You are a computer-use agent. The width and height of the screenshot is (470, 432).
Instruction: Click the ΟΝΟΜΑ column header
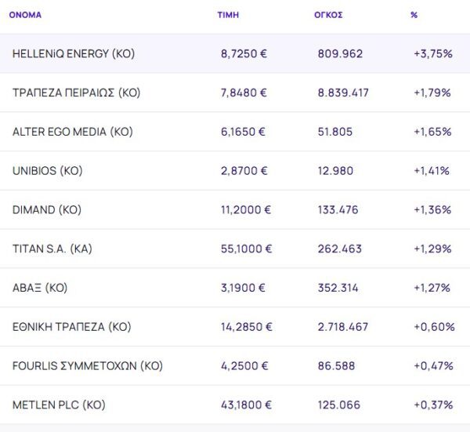[x=25, y=15]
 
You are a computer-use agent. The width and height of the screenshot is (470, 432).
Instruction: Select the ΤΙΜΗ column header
[x=228, y=15]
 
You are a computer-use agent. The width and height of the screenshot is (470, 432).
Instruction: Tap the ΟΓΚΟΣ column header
[x=328, y=15]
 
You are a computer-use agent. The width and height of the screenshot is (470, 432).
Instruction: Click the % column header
[x=414, y=15]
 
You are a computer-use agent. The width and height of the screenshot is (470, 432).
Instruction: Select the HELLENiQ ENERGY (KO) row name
[x=74, y=53]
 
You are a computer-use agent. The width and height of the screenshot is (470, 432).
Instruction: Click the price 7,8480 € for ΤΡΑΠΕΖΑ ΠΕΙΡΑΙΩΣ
[x=244, y=93]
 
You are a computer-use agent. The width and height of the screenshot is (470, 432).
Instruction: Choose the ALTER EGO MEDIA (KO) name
[x=73, y=132]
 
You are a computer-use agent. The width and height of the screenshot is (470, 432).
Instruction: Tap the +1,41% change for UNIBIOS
[x=432, y=171]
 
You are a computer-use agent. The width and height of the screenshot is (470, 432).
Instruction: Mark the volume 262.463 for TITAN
[x=339, y=249]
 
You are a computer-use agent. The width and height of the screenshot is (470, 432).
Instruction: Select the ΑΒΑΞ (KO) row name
[x=40, y=288]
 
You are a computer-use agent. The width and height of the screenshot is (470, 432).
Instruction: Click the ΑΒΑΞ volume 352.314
[x=338, y=288]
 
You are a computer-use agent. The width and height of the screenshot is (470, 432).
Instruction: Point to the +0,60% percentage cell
[x=434, y=327]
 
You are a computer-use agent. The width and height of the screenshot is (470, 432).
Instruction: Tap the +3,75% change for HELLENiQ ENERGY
[x=433, y=53]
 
